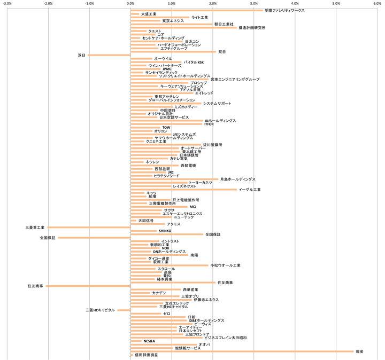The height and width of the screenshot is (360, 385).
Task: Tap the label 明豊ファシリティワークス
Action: pos(285,10)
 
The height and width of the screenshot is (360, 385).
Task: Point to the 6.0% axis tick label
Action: pos(377,4)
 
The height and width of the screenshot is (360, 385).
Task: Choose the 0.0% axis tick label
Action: pos(130,4)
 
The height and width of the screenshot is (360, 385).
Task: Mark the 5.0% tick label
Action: pos(336,4)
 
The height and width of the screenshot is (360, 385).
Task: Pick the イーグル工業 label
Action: pos(250,190)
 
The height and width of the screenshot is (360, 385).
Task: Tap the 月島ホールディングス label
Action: pos(237,179)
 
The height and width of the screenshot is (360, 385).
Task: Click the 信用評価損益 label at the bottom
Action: pos(146,355)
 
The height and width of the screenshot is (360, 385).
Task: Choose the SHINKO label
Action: pos(165,231)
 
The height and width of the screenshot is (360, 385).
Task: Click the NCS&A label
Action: pos(149,341)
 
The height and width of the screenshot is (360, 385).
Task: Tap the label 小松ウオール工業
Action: pos(226,265)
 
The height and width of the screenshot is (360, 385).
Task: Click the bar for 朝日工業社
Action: pos(171,24)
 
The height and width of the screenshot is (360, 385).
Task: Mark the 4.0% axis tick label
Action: pos(295,4)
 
